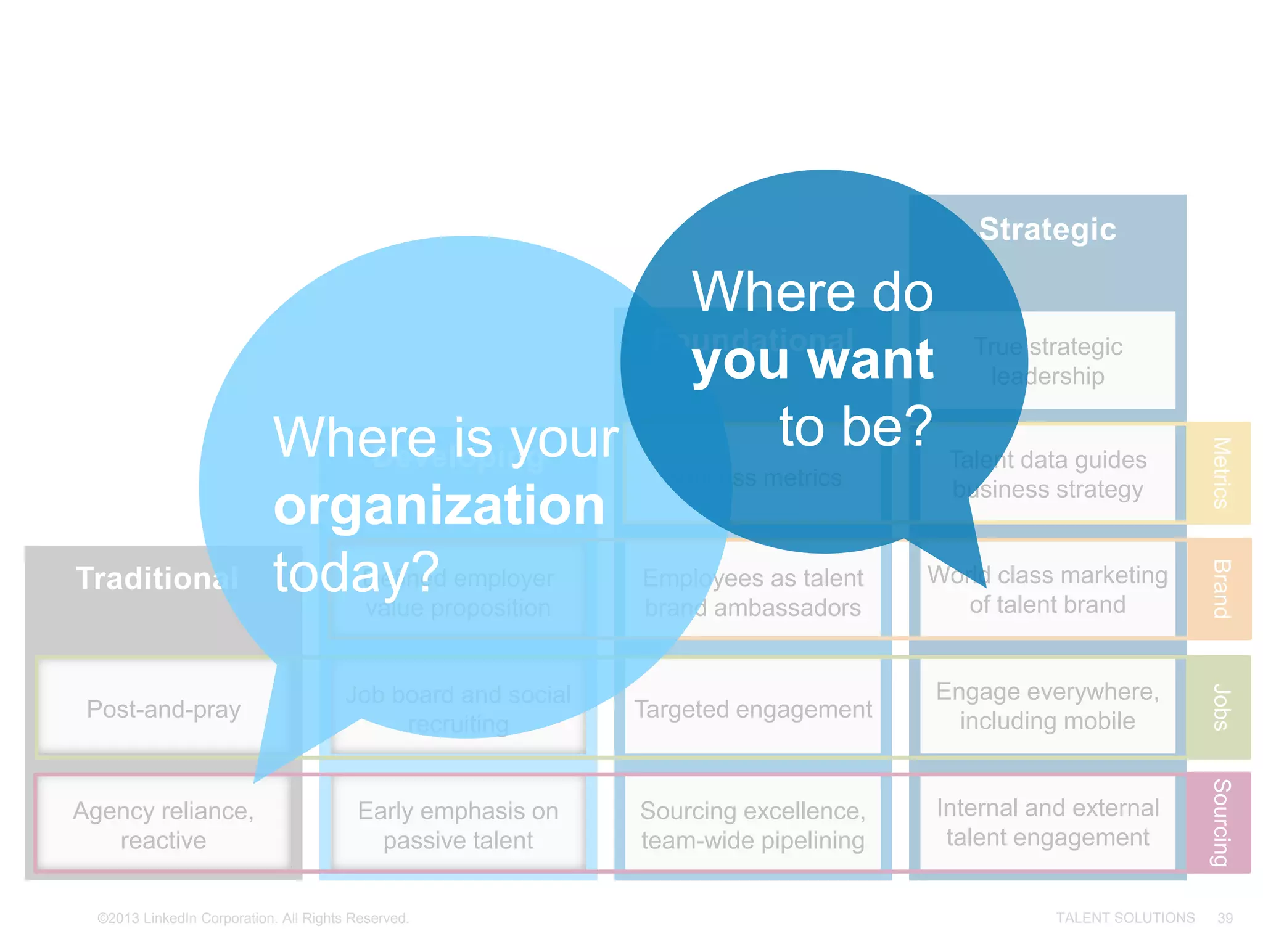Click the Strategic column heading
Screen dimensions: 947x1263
[x=1047, y=229]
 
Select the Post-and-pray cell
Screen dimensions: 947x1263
[x=163, y=709]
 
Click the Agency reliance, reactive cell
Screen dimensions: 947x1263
[x=163, y=825]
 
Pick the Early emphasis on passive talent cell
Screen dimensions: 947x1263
[x=458, y=825]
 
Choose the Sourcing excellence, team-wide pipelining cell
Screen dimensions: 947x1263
[x=752, y=825]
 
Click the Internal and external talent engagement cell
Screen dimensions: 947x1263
[x=1047, y=822]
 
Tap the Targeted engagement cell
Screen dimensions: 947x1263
[x=752, y=709]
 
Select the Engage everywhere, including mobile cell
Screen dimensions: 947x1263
[x=1047, y=706]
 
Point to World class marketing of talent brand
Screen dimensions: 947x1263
[x=1047, y=589]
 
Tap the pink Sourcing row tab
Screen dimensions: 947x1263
[x=1220, y=822]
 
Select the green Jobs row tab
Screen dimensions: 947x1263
[x=1220, y=707]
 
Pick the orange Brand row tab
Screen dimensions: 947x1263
[x=1220, y=589]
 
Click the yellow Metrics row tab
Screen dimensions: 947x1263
[x=1220, y=473]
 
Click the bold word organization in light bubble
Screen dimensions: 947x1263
[x=439, y=506]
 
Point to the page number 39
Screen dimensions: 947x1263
[x=1225, y=918]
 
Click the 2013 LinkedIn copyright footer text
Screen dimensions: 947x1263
[x=253, y=918]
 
